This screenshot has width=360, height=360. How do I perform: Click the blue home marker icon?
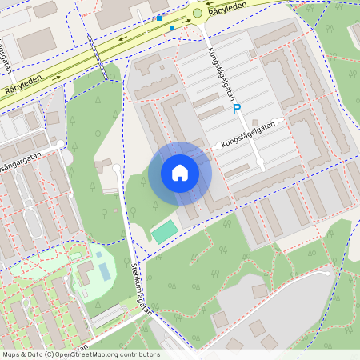click(x=180, y=173)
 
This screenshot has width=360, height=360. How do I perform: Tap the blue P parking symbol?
click(x=236, y=109)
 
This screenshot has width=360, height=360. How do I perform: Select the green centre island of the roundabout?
click(x=198, y=12)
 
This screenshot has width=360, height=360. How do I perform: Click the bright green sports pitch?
click(x=166, y=232)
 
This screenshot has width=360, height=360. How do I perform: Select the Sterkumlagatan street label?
click(x=141, y=291)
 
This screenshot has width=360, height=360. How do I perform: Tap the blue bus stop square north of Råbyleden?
click(x=159, y=18)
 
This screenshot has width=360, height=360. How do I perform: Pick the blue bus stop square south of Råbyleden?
click(x=172, y=28)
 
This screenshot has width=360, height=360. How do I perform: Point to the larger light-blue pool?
click(x=105, y=270)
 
